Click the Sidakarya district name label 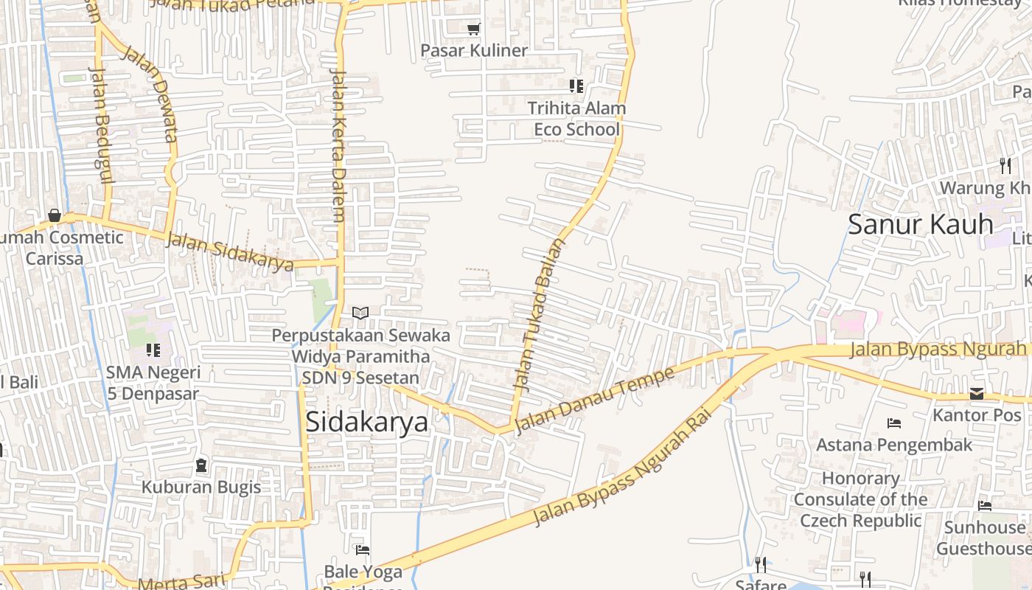[x=366, y=422]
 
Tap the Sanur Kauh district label [x=920, y=224]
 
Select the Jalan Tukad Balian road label [x=540, y=314]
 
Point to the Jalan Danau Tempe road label [x=594, y=400]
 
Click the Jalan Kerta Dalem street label [x=338, y=146]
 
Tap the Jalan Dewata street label [x=150, y=94]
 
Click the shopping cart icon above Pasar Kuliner [x=474, y=29]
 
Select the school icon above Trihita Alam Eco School [x=576, y=86]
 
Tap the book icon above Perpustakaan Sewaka [x=360, y=313]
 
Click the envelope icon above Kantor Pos [x=977, y=394]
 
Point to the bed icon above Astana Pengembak [x=894, y=423]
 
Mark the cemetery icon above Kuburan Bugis [x=201, y=466]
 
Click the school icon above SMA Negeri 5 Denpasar [x=153, y=350]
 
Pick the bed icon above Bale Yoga [x=362, y=549]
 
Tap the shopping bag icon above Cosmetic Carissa [x=55, y=215]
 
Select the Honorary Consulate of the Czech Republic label [x=861, y=499]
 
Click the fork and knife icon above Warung [x=1005, y=166]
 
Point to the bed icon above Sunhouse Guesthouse [x=985, y=506]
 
